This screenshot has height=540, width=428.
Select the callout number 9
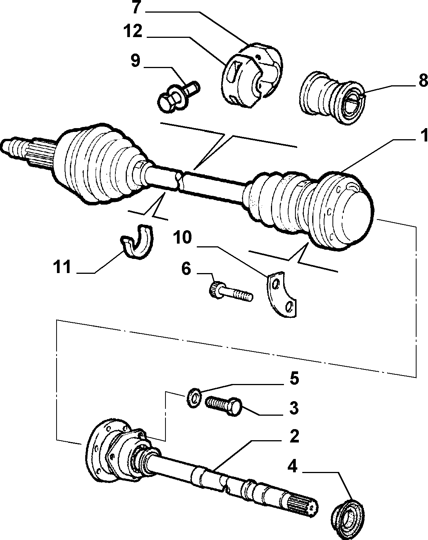click(x=135, y=60)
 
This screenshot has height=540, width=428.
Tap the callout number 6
click(x=186, y=269)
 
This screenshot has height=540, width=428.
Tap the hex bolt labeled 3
click(x=224, y=406)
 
